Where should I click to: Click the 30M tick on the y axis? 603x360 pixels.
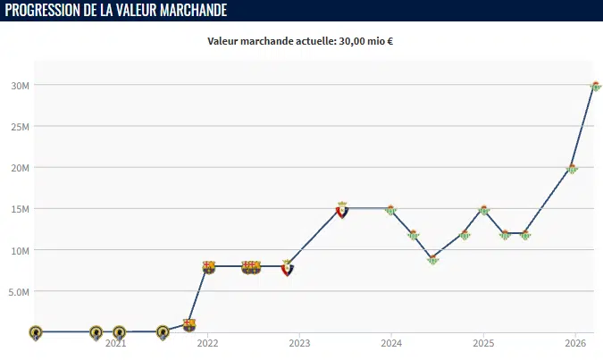click(21, 86)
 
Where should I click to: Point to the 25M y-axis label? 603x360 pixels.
click(21, 127)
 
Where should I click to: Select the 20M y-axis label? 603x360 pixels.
click(21, 168)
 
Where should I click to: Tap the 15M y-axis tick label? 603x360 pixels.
click(21, 209)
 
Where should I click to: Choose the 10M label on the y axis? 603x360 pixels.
click(21, 250)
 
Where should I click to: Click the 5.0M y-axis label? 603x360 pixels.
click(19, 291)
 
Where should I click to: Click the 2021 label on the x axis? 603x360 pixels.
click(115, 343)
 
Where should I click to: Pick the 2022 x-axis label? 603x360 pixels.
click(207, 343)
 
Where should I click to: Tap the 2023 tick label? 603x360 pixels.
click(299, 343)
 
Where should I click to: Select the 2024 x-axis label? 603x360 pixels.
click(391, 343)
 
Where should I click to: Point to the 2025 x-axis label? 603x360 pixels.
click(483, 343)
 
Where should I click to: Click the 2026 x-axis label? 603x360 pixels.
click(575, 343)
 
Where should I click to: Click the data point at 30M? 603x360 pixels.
click(596, 86)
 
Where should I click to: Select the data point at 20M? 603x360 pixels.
click(572, 168)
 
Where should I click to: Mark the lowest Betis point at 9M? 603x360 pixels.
click(433, 259)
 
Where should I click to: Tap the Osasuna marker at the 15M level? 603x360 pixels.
click(341, 210)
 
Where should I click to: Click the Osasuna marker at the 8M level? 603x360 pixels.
click(287, 267)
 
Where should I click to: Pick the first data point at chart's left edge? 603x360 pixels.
click(35, 332)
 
